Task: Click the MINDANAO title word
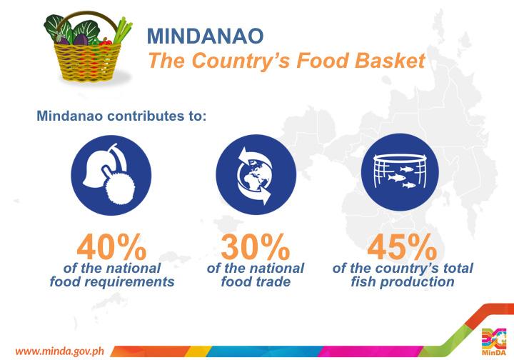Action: pyautogui.click(x=205, y=36)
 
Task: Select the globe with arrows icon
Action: pyautogui.click(x=256, y=176)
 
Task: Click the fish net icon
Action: pyautogui.click(x=400, y=172)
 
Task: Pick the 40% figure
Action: pyautogui.click(x=112, y=248)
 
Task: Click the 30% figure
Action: pyautogui.click(x=256, y=248)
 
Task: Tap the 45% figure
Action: pyautogui.click(x=402, y=248)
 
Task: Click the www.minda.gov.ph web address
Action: pyautogui.click(x=60, y=351)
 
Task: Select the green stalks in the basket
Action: pyautogui.click(x=123, y=30)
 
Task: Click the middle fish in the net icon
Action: pyautogui.click(x=397, y=178)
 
